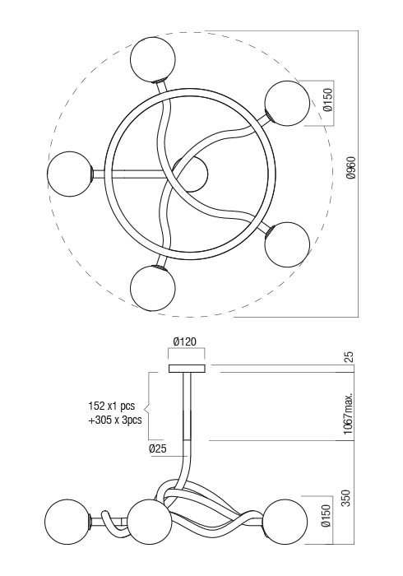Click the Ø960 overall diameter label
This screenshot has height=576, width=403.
coord(351,168)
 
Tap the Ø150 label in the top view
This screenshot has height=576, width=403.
coord(327,100)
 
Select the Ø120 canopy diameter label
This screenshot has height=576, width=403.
coord(185,341)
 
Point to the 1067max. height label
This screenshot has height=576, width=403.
coord(348,413)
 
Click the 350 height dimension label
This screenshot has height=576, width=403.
coord(346,498)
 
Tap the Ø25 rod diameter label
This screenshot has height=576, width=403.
coord(157,448)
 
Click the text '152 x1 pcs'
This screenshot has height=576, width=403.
coord(112,406)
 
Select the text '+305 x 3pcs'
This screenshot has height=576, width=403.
coord(115,420)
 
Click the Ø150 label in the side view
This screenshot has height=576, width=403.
coord(327,516)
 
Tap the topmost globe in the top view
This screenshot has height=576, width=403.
coord(153,58)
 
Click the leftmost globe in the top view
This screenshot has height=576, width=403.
coord(70,174)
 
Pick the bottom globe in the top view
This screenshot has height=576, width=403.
coord(153,288)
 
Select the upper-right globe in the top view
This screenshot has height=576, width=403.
coord(287,104)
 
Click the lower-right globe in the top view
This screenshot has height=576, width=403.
coord(287,244)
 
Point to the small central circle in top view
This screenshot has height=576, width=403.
coord(191,174)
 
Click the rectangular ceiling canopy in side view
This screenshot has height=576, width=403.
coord(187,369)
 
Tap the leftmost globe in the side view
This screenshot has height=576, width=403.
coord(67,522)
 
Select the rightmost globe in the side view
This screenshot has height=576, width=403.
coord(285,522)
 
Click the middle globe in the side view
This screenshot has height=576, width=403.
coord(150,522)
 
